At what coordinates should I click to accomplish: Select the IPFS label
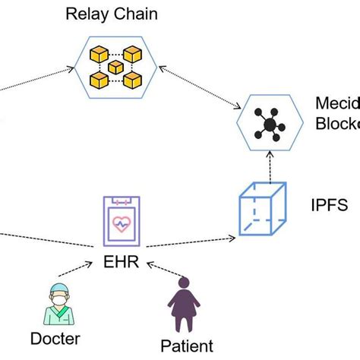pyautogui.click(x=329, y=205)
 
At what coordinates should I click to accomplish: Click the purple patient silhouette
pyautogui.click(x=180, y=305)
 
